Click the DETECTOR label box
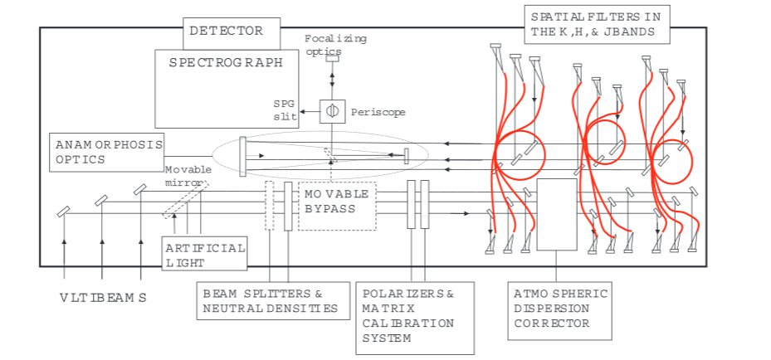[x=226, y=32]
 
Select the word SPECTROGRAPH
[x=226, y=62]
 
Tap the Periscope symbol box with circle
[x=332, y=111]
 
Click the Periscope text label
[x=378, y=112]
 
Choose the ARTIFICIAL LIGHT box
[x=205, y=254]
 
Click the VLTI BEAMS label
[x=103, y=298]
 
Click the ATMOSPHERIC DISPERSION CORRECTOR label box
[x=560, y=309]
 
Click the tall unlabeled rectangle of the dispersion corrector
[x=557, y=214]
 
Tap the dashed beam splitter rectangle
[x=270, y=205]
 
